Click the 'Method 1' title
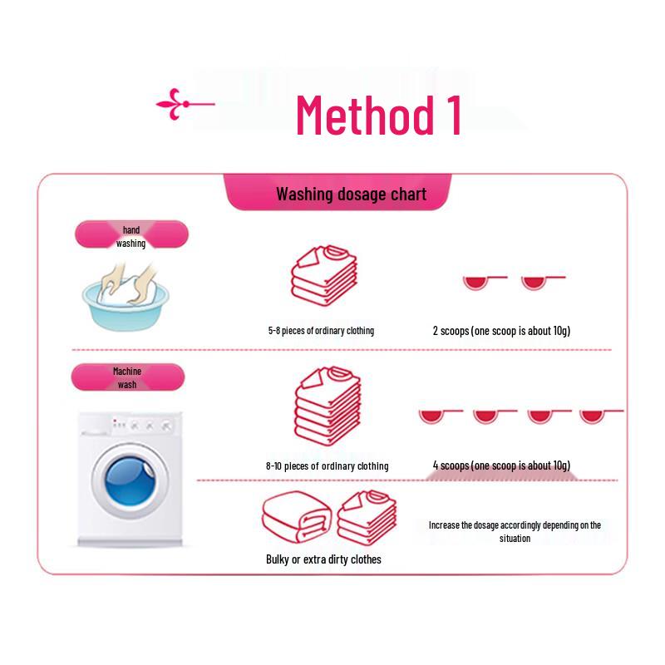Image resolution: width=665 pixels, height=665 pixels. [x=378, y=115]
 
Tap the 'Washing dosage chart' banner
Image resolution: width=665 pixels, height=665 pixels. [x=351, y=195]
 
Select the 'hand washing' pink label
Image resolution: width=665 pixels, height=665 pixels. [x=131, y=236]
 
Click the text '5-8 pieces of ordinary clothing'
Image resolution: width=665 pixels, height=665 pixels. [x=321, y=331]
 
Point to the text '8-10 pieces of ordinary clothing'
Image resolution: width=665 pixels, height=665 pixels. [x=327, y=466]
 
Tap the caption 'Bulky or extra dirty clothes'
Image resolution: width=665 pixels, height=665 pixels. [x=323, y=559]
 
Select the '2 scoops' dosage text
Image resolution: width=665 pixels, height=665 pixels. [x=501, y=331]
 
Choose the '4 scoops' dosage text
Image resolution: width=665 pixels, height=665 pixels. [x=501, y=465]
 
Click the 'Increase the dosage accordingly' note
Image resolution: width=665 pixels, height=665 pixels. [x=515, y=531]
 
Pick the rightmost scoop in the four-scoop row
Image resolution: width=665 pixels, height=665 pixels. [x=592, y=416]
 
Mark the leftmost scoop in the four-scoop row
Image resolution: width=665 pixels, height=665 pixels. [x=431, y=416]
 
